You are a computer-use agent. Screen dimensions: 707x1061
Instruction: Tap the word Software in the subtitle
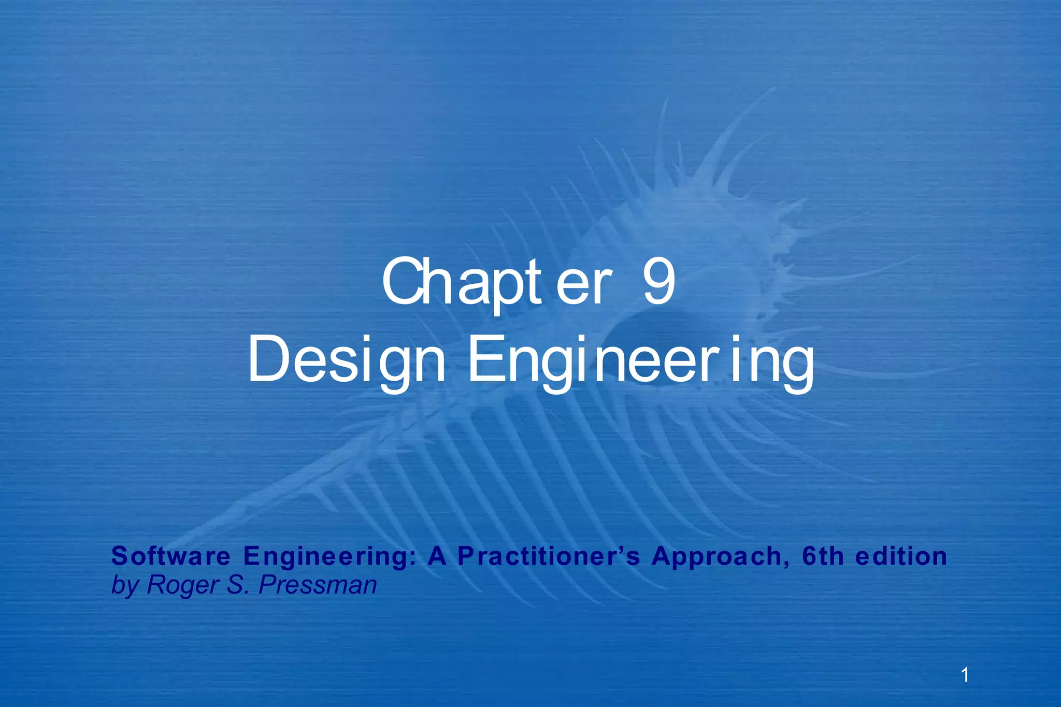(171, 556)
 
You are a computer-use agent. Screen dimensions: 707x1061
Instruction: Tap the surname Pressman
(317, 585)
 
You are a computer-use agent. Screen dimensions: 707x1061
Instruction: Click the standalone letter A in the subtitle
(437, 556)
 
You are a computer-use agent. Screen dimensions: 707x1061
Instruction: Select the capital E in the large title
(485, 359)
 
